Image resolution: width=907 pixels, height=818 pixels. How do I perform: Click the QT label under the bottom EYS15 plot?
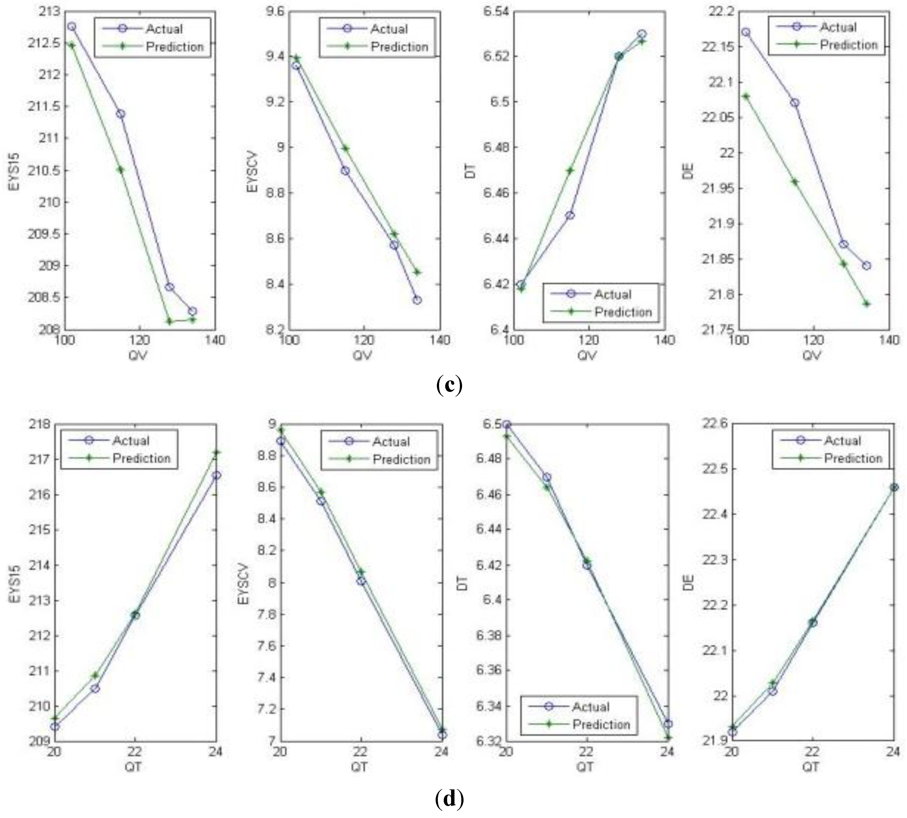133,767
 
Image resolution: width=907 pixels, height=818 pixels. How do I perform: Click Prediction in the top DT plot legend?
623,312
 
